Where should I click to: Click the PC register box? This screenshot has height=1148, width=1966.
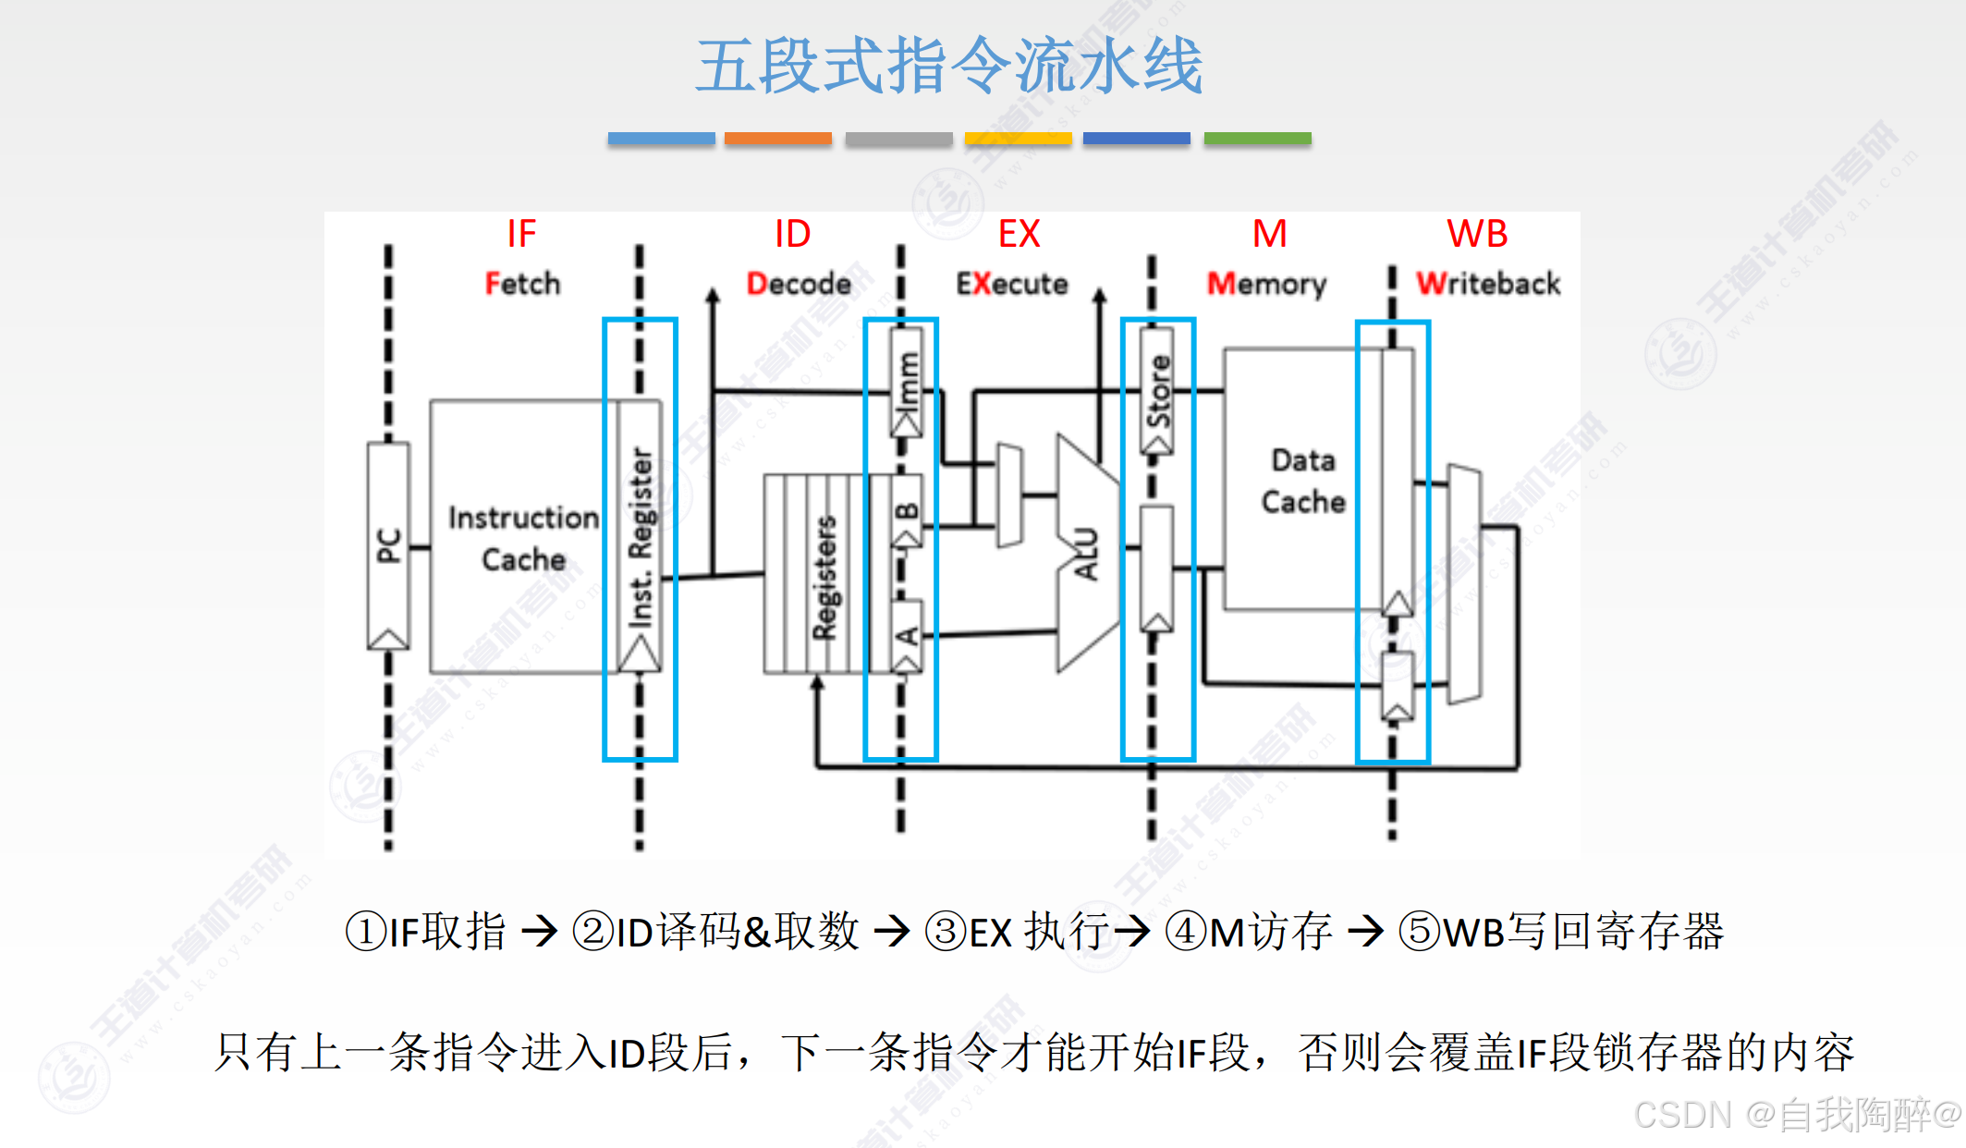[388, 545]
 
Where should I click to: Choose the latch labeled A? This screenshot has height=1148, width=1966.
[907, 636]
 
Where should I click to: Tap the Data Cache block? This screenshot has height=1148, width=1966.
[1302, 481]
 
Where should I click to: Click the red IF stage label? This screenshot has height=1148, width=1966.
[521, 234]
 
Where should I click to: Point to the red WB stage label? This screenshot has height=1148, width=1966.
[1476, 234]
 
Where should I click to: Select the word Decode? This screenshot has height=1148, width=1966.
[799, 283]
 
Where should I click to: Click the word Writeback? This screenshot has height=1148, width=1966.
[1488, 283]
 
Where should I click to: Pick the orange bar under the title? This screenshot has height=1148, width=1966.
[777, 139]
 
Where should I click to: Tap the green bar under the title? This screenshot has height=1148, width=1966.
[1257, 139]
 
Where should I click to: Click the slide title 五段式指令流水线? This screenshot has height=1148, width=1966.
[949, 66]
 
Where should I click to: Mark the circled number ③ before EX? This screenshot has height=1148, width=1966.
[946, 931]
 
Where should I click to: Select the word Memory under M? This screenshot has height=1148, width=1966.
[1266, 283]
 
